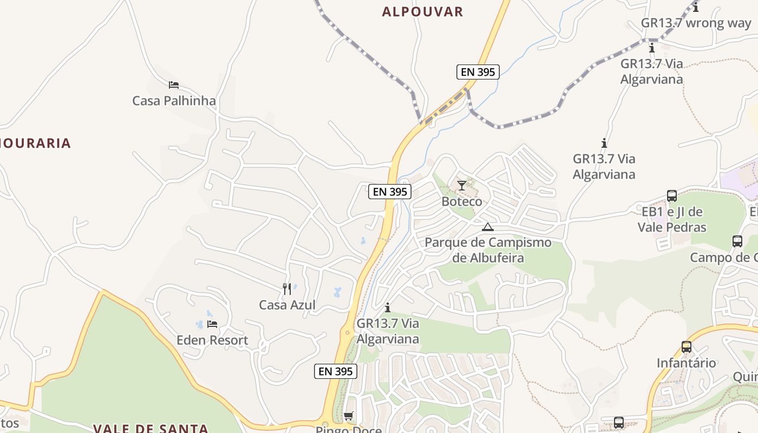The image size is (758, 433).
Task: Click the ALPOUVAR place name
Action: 422,12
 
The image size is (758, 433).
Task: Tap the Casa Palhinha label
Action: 174,101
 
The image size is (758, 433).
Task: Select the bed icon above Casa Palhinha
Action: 174,85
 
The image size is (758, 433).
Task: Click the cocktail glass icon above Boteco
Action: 461,186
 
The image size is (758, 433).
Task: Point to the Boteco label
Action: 461,201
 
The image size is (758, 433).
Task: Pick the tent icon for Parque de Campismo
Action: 488,227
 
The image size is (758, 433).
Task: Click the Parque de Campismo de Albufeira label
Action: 488,250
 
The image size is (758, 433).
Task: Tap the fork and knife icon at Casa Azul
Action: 287,289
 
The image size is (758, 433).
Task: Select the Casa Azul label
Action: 287,305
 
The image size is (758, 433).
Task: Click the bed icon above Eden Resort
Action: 212,324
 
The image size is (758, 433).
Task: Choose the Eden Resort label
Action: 212,340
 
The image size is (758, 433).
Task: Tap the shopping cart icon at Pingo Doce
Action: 349,416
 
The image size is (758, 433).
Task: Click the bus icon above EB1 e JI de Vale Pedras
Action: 672,196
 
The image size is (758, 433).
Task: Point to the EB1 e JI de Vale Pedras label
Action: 672,219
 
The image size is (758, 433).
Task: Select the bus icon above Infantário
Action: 687,347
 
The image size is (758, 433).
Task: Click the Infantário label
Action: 687,363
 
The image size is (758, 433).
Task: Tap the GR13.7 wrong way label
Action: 696,23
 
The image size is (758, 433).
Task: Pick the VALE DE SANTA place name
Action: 151,429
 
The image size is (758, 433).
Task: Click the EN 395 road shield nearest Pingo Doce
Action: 336,371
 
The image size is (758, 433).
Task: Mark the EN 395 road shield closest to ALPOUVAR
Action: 478,72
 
